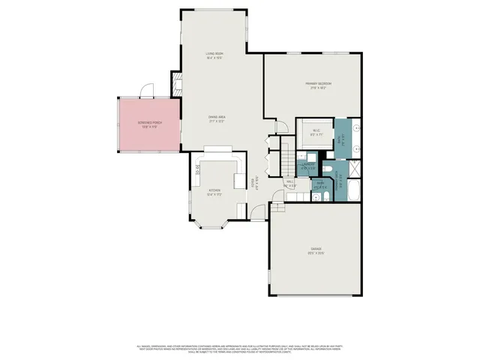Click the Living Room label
215,55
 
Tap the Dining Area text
217,118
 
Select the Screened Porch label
148,124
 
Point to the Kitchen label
214,192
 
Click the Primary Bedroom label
318,84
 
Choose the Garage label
316,250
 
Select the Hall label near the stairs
289,182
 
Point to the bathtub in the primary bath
353,191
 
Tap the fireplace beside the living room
178,84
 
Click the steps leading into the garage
277,206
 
